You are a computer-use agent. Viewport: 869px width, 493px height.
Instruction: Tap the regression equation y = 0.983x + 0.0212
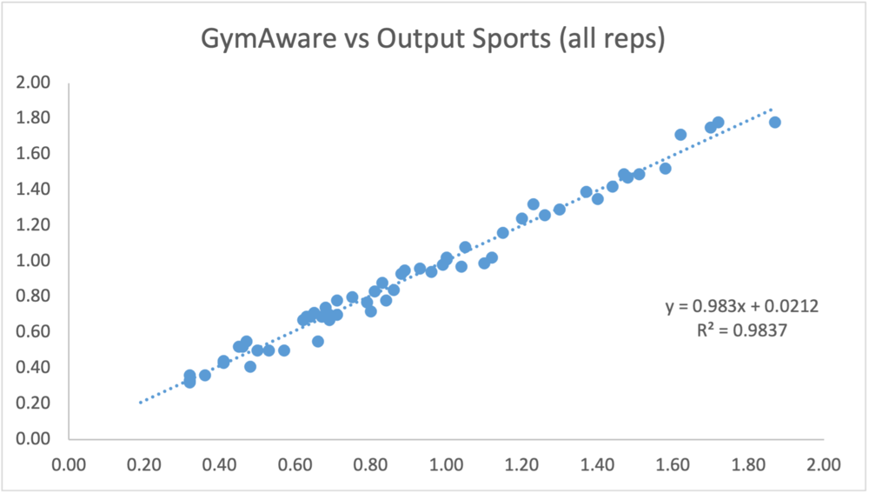point(741,306)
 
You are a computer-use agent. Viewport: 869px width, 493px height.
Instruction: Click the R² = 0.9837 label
point(741,330)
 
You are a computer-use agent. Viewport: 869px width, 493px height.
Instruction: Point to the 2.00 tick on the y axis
point(35,83)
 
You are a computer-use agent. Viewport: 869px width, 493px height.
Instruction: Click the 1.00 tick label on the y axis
point(35,260)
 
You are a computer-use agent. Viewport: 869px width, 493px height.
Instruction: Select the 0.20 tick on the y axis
point(35,403)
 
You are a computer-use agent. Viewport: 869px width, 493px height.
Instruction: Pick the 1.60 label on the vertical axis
point(35,154)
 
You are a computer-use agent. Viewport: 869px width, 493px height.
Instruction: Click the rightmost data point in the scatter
point(774,122)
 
